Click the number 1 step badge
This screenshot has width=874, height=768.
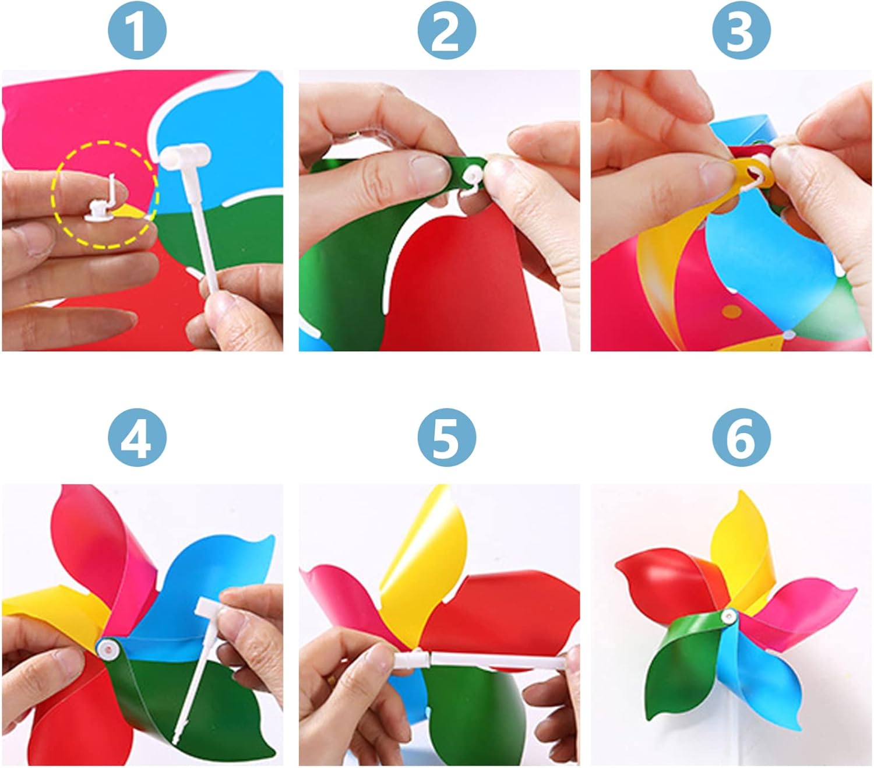coord(137,30)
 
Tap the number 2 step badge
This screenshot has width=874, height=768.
coord(446,30)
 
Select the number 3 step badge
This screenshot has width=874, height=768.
coord(741,30)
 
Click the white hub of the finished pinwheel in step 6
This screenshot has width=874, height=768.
coord(729,615)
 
